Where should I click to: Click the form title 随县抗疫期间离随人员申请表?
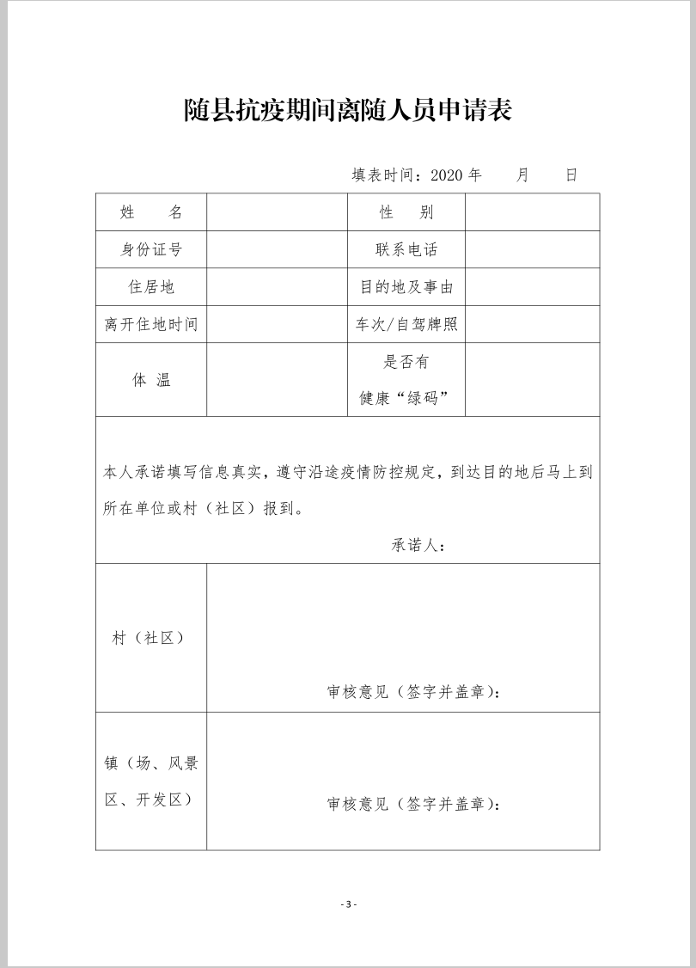[348, 110]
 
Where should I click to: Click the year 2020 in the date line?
[446, 175]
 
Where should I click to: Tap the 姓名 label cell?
[151, 212]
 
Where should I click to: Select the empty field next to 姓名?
[277, 212]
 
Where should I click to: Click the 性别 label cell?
[406, 212]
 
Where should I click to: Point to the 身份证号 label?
[151, 250]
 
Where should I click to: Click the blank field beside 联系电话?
[532, 250]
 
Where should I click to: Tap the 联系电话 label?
[406, 250]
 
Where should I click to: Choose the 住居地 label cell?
[151, 287]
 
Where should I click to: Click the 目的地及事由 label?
[406, 287]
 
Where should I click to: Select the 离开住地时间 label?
[151, 325]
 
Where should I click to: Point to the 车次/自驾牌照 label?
[406, 325]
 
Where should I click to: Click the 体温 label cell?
[151, 380]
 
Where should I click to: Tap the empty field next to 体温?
[277, 380]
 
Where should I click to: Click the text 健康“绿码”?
[405, 399]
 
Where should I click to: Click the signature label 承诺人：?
[419, 545]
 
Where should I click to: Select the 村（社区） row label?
[148, 638]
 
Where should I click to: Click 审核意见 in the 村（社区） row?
[357, 692]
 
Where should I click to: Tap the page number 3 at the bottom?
[348, 904]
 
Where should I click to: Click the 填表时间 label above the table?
[385, 175]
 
